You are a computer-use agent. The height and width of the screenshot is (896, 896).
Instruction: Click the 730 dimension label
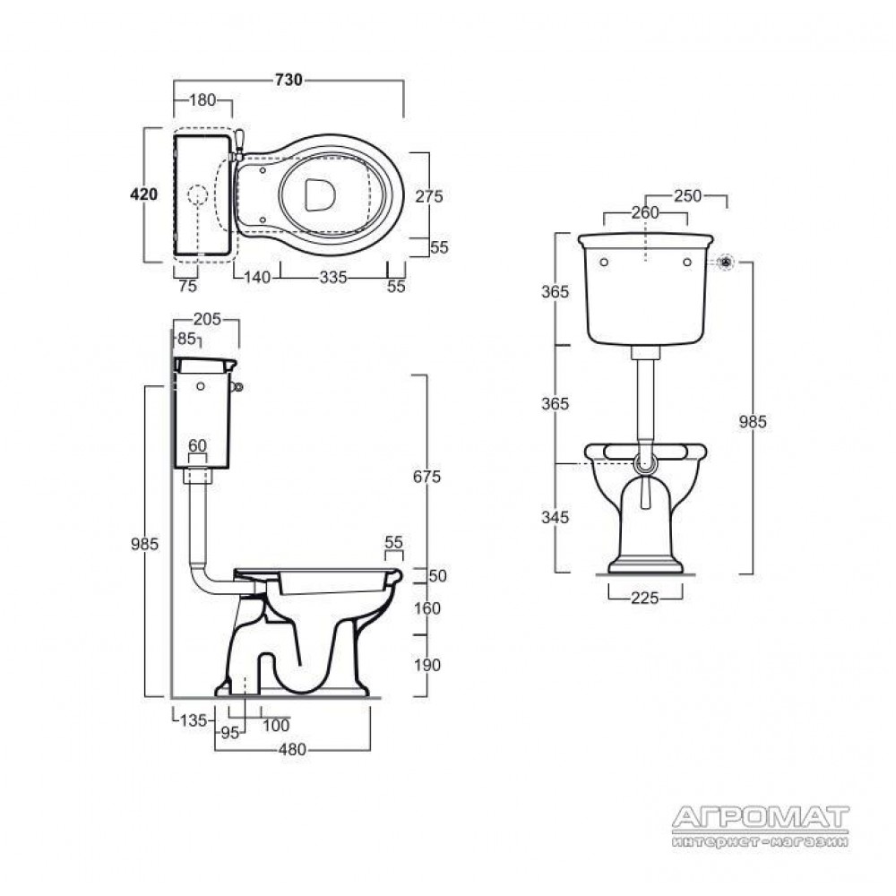click(289, 80)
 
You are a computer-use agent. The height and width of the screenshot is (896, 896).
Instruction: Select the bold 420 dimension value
click(144, 194)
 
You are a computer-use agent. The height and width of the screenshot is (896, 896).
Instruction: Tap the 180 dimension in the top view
click(202, 100)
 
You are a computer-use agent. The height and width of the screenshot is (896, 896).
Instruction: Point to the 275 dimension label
click(429, 196)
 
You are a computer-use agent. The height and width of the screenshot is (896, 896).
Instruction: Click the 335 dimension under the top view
click(333, 278)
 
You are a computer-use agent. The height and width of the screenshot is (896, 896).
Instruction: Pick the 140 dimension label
click(257, 278)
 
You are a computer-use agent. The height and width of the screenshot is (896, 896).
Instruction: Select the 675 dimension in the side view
click(426, 477)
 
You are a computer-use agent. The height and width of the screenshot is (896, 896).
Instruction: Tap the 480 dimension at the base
click(293, 749)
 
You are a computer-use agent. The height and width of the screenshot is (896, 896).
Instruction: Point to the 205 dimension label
click(207, 320)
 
